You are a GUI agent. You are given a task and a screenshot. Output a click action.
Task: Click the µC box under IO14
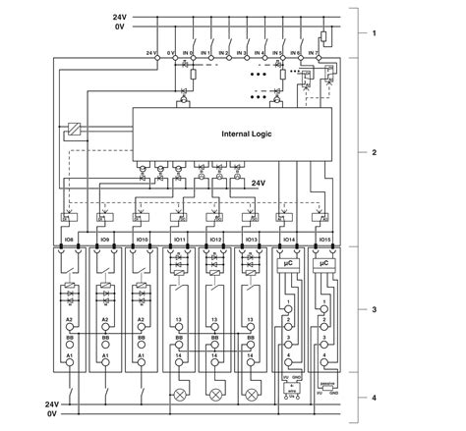pos(289,264)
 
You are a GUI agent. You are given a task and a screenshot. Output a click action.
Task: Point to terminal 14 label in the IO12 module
pos(215,354)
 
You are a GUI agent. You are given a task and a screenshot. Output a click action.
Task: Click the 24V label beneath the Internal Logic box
pos(259,183)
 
